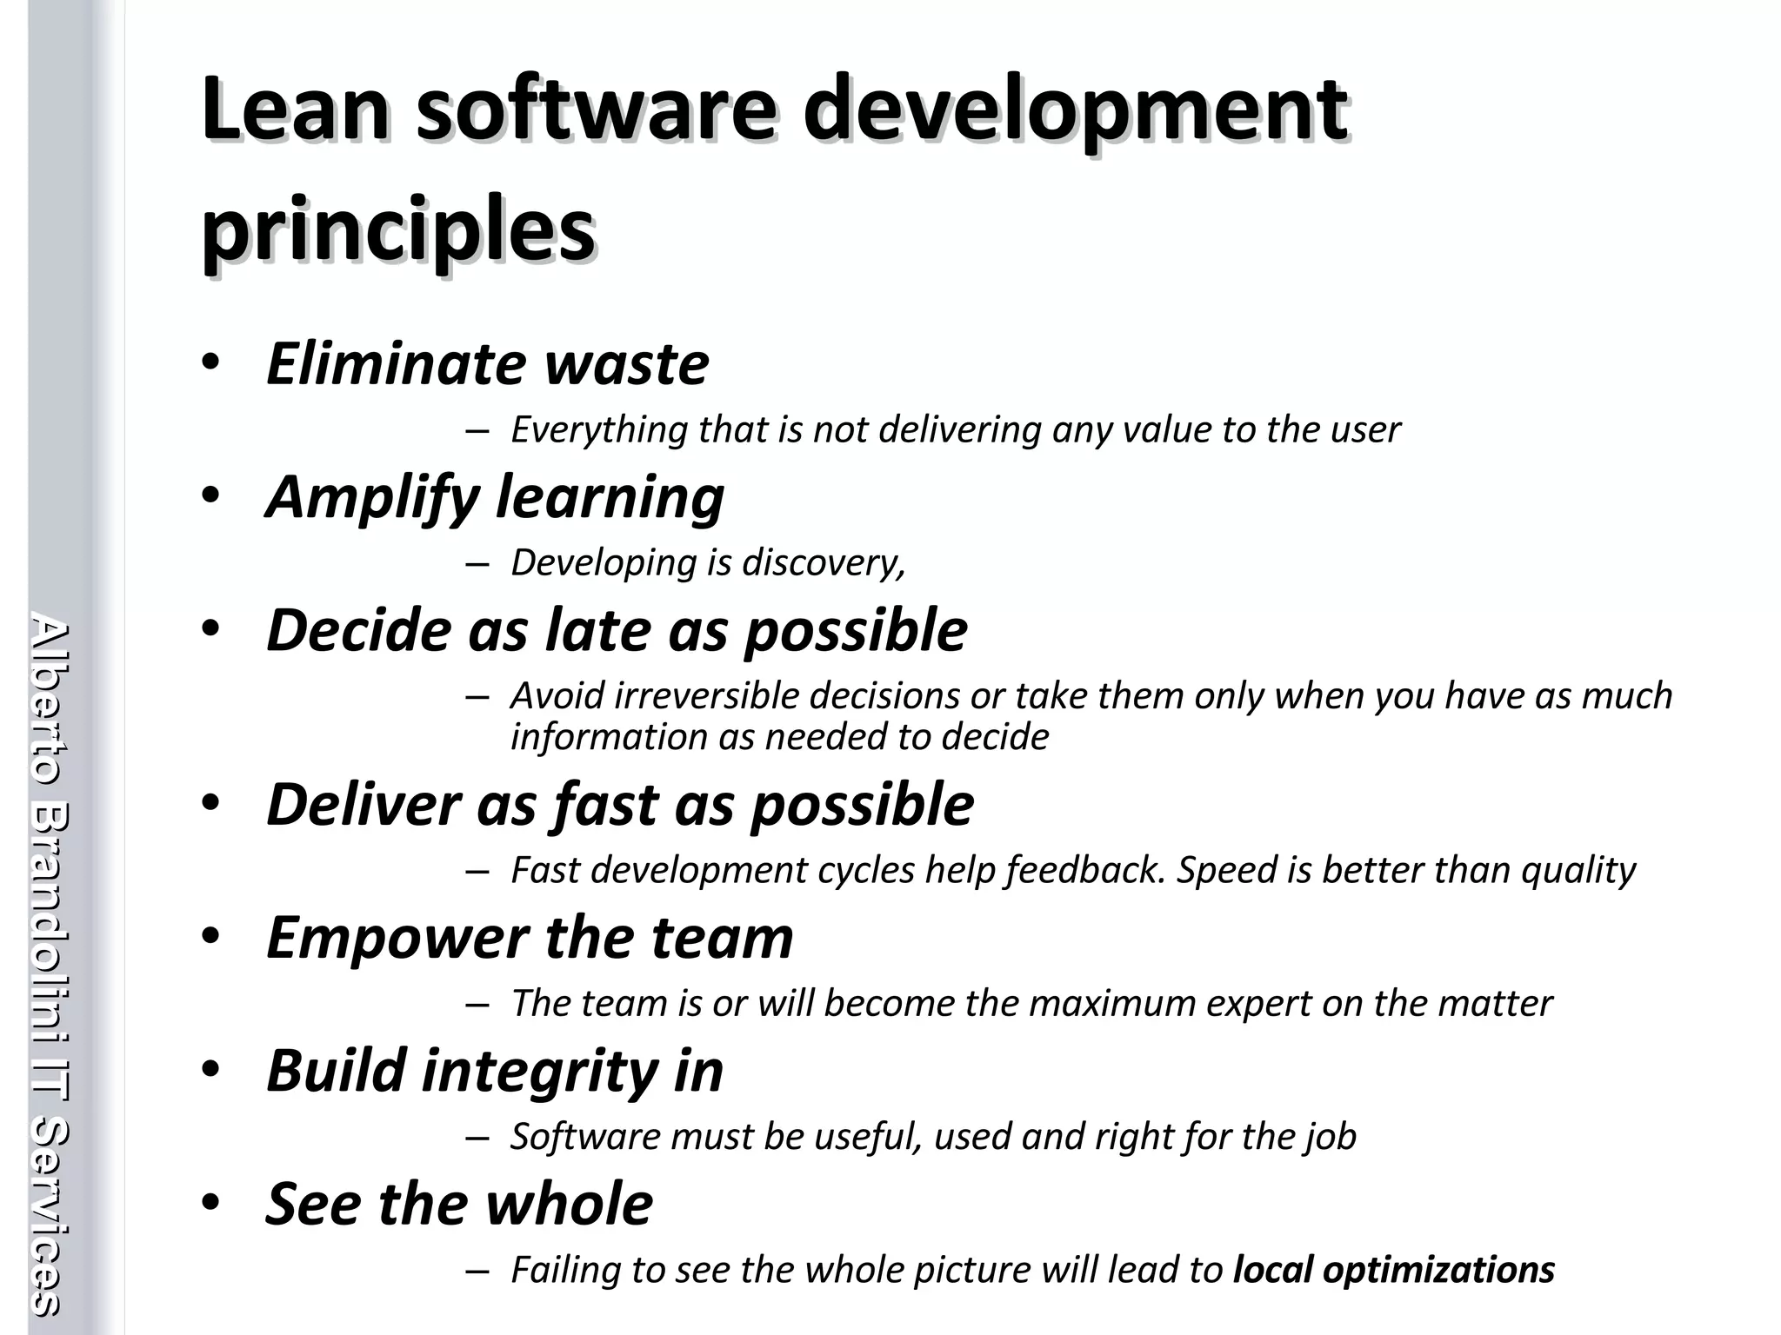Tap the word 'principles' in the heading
coord(398,230)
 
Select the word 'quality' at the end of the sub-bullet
coord(1578,870)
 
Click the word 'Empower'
coord(397,938)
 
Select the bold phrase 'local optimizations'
coord(1394,1270)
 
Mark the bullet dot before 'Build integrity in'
coord(210,1070)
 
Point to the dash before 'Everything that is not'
coord(477,431)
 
